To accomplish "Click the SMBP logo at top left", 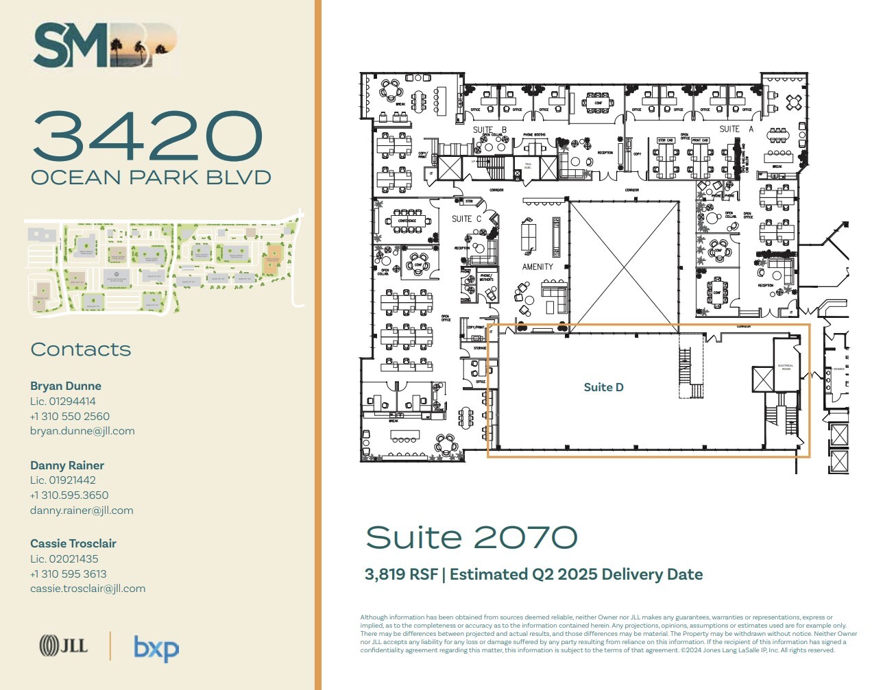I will (105, 45).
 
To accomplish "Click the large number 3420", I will (147, 136).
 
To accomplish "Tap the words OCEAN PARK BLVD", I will (151, 177).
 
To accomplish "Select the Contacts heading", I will (81, 349).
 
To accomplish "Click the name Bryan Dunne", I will (66, 386).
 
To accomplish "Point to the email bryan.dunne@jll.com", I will (82, 431).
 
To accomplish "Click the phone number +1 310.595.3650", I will (69, 495).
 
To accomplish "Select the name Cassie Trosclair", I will (73, 543).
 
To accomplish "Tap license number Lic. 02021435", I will (64, 559).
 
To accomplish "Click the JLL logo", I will (64, 645).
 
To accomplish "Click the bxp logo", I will (156, 648).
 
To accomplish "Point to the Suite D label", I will (603, 388).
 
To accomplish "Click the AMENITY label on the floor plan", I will (537, 267).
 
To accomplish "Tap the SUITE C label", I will (466, 219).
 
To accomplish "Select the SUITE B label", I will (489, 130).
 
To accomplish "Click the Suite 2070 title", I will (472, 538).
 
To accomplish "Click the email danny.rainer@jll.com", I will (82, 510).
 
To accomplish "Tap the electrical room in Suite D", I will (786, 367).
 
